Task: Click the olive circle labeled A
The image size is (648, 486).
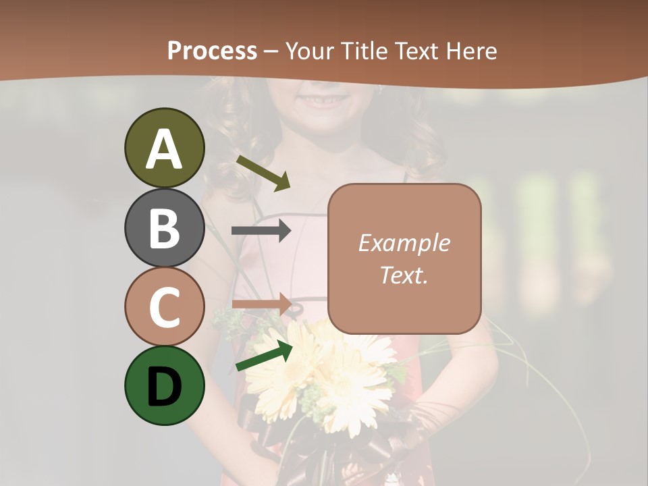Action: [164, 148]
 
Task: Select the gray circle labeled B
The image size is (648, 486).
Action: [164, 227]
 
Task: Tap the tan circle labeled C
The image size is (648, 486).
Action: [164, 306]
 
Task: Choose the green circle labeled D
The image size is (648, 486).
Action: [164, 385]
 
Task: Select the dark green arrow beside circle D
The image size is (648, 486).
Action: [264, 356]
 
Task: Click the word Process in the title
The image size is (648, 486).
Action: [212, 51]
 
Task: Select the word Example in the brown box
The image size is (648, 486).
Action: [404, 243]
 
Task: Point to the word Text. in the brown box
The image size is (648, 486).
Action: [404, 275]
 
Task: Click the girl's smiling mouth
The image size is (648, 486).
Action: [325, 101]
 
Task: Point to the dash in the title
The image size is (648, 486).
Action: [271, 51]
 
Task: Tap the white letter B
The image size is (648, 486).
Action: [164, 227]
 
